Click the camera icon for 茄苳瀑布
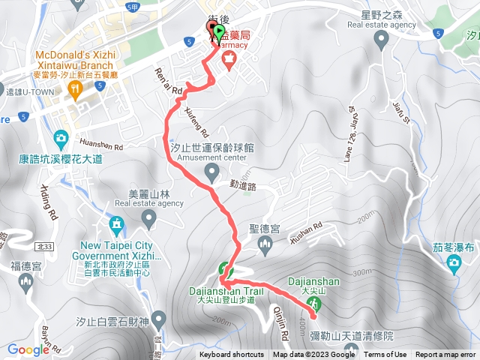(x=454, y=262)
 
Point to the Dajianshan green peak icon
(x=316, y=304)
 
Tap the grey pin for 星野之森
(x=383, y=40)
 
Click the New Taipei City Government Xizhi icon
(x=115, y=224)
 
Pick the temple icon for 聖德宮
(x=263, y=246)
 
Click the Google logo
(x=28, y=349)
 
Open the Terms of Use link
(x=385, y=355)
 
